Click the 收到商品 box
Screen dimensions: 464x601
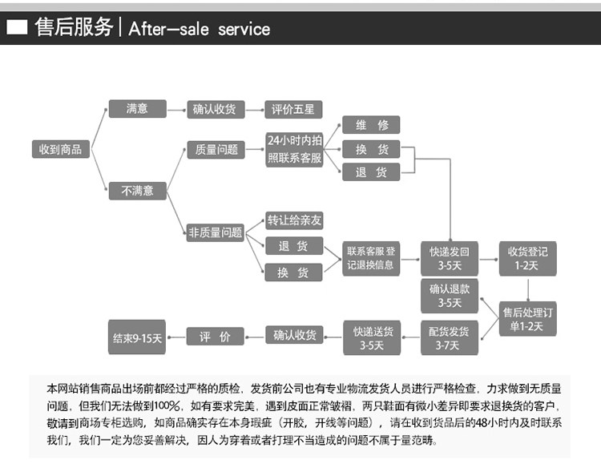point(60,149)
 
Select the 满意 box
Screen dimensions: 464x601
point(137,108)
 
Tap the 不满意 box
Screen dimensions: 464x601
point(137,191)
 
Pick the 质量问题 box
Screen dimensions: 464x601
point(216,149)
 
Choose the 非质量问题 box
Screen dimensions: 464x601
point(216,232)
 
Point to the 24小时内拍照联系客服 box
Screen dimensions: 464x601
point(294,149)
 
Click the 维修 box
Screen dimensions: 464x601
point(371,125)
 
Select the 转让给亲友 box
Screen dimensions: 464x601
point(294,220)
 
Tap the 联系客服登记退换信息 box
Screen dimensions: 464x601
point(370,258)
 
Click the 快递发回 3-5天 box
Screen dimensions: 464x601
point(450,258)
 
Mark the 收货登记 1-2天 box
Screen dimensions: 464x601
point(527,258)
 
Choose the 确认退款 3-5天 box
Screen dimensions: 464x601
point(450,296)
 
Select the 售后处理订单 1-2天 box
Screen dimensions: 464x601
point(527,318)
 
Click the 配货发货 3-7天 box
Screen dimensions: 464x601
point(450,337)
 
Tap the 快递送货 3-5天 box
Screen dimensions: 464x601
point(371,337)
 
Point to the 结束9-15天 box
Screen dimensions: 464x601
point(137,337)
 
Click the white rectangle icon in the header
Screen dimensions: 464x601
point(17,29)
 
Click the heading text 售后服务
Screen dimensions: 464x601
point(74,28)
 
